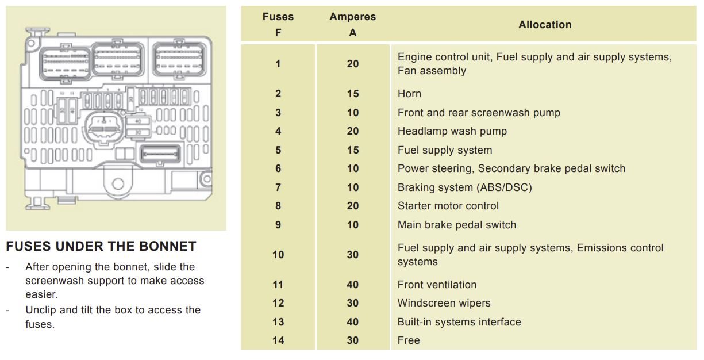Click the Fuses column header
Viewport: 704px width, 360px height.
tap(278, 24)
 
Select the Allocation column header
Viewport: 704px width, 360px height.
tap(545, 25)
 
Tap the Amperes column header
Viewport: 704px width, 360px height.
tap(353, 24)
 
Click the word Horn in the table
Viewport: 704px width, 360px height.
tap(409, 94)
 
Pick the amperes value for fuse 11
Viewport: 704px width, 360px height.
tap(353, 285)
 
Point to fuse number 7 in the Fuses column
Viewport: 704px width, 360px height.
tap(278, 187)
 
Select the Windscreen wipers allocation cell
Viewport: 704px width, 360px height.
tap(444, 303)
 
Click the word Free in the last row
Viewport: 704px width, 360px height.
tap(409, 340)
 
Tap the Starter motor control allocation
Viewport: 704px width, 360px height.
tap(448, 206)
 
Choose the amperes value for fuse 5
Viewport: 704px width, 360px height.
tap(353, 150)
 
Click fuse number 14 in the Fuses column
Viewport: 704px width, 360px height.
tap(278, 340)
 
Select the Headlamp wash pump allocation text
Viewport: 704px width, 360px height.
tap(452, 131)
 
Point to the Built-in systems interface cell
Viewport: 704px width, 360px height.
tap(459, 322)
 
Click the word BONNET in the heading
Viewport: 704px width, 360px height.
tap(167, 246)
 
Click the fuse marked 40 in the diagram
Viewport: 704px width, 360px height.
tap(138, 121)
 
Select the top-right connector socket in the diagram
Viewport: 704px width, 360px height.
tap(179, 59)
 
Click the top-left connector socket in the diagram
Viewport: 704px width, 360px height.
tap(65, 63)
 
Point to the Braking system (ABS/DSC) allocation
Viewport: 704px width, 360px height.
tap(464, 187)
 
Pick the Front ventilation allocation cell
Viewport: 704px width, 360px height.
tap(437, 285)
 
